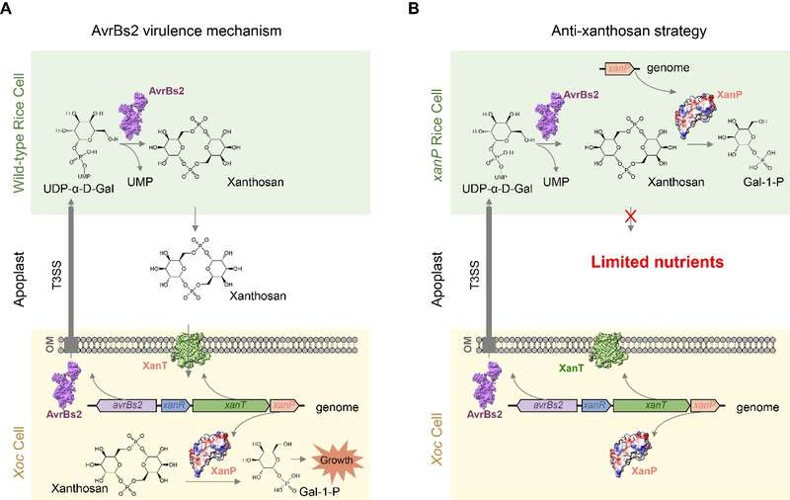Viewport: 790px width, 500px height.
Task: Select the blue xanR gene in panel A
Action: point(177,404)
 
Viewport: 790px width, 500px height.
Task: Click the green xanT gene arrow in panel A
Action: point(231,404)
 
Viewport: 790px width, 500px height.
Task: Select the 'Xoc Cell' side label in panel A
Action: point(19,442)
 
